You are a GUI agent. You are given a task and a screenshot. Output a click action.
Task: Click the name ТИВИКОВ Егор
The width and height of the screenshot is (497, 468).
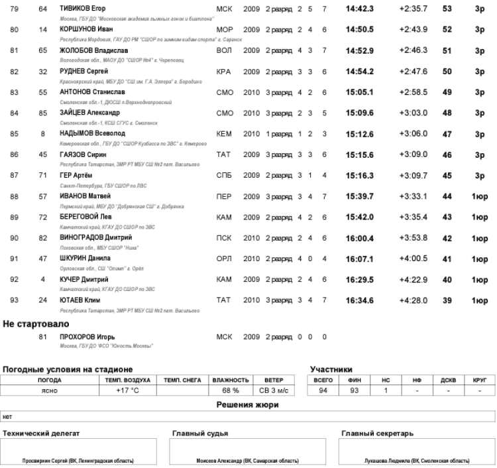[x=83, y=8]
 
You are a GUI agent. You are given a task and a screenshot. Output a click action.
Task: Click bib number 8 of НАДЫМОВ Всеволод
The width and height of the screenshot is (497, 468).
[x=43, y=134]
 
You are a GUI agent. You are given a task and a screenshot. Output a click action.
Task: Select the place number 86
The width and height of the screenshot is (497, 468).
[x=14, y=154]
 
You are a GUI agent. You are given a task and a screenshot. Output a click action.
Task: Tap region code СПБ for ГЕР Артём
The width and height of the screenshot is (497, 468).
[x=224, y=175]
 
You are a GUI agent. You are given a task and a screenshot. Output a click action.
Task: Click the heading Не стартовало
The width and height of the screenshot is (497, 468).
[x=35, y=324]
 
